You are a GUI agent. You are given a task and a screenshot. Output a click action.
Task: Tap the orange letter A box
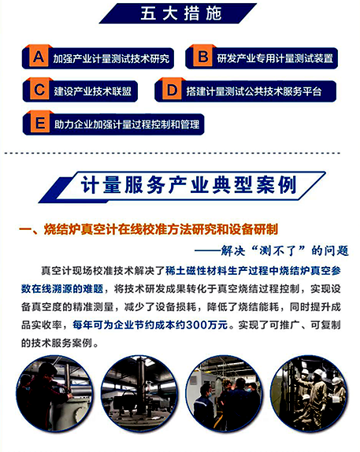tap(37, 57)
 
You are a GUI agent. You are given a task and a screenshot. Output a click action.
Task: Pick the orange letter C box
tap(37, 91)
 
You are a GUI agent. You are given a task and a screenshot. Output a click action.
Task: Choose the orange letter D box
tap(170, 91)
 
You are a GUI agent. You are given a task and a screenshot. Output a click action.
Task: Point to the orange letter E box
tap(37, 124)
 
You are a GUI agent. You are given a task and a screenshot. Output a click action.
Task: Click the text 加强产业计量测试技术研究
tap(110, 58)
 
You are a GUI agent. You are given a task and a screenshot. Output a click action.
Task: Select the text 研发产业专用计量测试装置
tap(275, 58)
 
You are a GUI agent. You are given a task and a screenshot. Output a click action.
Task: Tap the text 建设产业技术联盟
tap(92, 91)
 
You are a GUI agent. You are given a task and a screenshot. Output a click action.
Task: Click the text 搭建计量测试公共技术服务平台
tap(254, 91)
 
